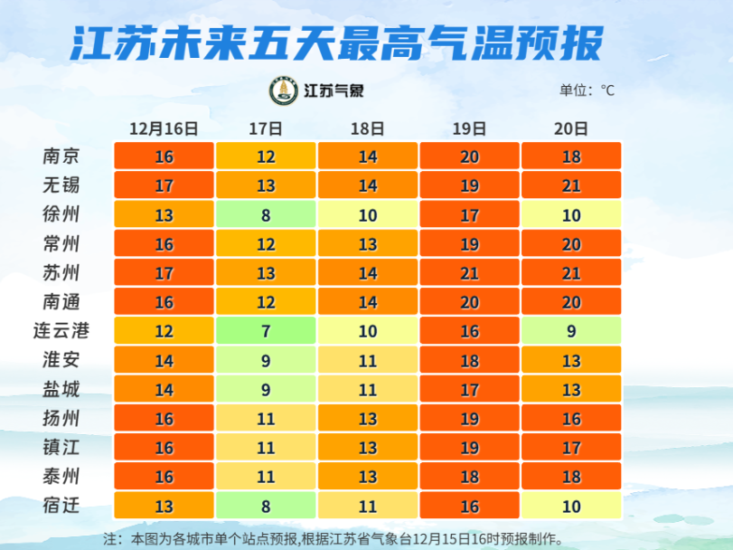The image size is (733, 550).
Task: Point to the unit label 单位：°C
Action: (587, 90)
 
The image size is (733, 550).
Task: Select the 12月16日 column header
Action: (164, 128)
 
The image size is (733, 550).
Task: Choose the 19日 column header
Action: (469, 128)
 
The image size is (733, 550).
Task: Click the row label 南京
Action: (61, 156)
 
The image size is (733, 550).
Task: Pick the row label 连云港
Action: (61, 330)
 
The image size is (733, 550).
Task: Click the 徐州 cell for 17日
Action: (266, 214)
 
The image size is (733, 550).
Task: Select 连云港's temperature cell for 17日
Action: (266, 331)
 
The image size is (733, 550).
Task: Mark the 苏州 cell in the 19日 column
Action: (469, 272)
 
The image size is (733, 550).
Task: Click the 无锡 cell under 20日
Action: (571, 185)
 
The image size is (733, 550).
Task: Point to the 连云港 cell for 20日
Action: (571, 331)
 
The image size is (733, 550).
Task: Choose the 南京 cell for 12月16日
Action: (164, 156)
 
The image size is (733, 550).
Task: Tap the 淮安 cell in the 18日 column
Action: (367, 360)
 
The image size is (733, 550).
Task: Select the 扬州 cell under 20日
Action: (571, 418)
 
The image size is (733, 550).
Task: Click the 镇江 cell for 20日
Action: (571, 447)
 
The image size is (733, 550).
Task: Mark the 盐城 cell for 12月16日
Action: (164, 389)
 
